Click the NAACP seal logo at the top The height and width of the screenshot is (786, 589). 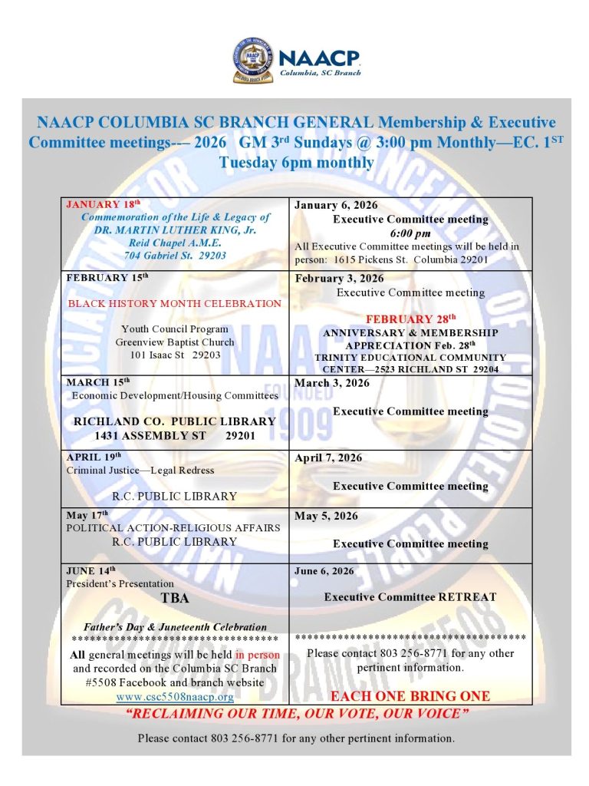tap(252, 61)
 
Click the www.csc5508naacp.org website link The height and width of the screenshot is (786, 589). tap(175, 697)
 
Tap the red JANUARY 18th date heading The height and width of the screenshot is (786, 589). tap(104, 204)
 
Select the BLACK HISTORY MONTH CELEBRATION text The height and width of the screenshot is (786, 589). tap(175, 303)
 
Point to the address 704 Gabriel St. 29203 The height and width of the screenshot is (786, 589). tap(175, 256)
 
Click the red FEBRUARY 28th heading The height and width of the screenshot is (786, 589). tap(410, 319)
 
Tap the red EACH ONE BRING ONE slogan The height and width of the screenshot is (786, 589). tap(410, 696)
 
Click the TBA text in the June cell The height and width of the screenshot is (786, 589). tap(175, 598)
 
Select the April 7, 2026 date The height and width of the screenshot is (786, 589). tap(327, 458)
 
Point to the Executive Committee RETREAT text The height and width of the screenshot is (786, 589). tap(410, 596)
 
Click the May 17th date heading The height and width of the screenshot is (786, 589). tap(87, 515)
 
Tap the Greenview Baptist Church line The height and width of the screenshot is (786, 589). tap(175, 342)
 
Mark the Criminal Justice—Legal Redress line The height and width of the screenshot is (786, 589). tap(140, 470)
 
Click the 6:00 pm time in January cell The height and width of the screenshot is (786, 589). tap(410, 233)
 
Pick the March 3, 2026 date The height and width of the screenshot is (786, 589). tap(332, 383)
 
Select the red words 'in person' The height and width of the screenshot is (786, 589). tap(258, 656)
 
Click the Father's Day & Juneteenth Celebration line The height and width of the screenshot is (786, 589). tap(175, 626)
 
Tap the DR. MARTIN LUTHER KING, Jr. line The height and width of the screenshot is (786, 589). tap(175, 230)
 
